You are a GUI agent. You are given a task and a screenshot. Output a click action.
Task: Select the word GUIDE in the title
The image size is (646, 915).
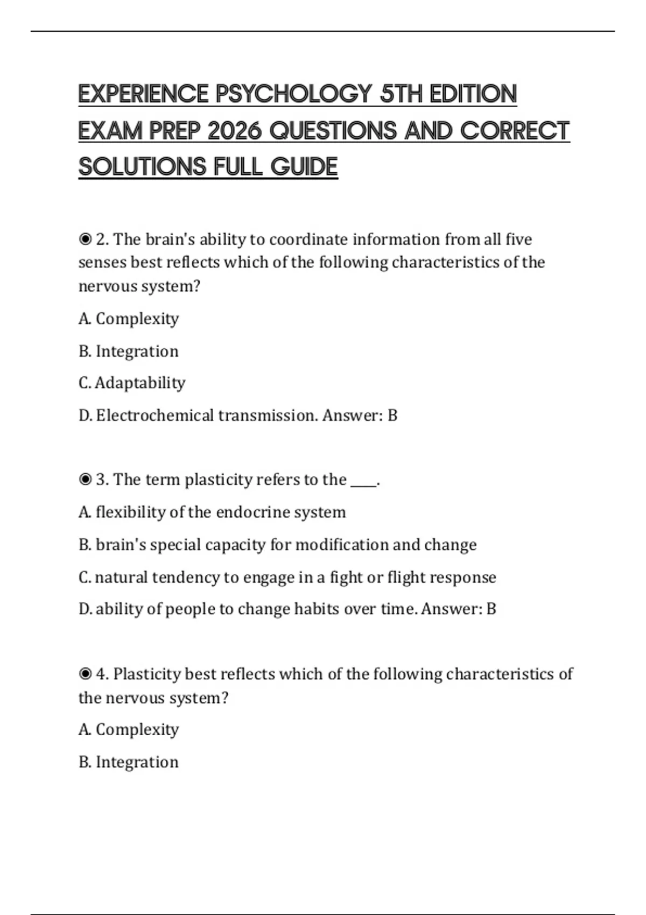click(x=304, y=167)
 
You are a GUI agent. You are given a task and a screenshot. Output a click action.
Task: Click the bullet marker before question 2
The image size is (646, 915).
click(x=85, y=239)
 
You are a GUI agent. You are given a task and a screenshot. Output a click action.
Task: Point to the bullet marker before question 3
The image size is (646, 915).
click(x=85, y=479)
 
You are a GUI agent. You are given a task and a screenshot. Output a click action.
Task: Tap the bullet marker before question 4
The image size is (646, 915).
click(x=85, y=674)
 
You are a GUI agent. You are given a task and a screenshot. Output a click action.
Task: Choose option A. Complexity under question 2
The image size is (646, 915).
click(x=129, y=319)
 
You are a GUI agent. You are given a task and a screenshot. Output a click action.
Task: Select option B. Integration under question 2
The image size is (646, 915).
click(x=129, y=351)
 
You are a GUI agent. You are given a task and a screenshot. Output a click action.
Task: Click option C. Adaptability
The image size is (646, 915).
click(x=132, y=383)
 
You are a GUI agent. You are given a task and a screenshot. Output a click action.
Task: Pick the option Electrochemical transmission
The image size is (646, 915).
click(x=198, y=415)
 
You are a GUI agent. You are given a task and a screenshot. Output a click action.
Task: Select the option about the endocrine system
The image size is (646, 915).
click(x=212, y=512)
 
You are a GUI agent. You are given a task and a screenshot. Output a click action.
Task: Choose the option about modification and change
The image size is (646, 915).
click(x=277, y=545)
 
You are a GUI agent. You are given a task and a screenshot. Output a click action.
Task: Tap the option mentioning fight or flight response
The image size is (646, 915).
click(x=287, y=577)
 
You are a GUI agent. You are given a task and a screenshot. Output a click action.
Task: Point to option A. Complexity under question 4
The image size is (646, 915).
click(x=129, y=729)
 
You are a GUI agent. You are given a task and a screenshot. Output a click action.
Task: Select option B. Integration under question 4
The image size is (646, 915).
click(x=129, y=762)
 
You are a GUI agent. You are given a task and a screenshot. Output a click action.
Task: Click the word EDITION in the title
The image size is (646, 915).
click(x=473, y=94)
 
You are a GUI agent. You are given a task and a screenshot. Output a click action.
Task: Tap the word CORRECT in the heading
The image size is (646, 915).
click(x=515, y=131)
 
